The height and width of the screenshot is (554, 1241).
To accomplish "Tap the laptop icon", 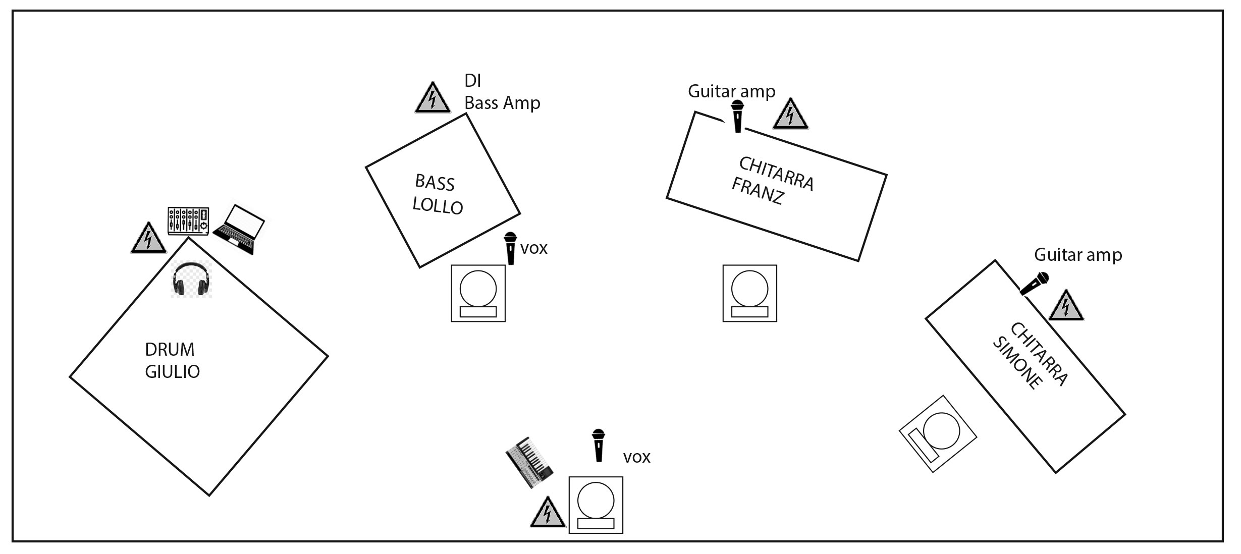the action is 239,229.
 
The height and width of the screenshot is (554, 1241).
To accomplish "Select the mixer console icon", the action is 188,221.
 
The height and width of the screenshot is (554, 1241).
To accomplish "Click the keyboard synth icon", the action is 529,462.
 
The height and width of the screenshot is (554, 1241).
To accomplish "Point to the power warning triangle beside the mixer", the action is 148,238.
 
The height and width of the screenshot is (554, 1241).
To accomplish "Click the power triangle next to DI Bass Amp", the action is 433,97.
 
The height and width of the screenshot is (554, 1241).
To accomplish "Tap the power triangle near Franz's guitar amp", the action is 790,114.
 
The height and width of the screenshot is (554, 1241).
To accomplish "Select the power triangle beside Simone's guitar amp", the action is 1066,305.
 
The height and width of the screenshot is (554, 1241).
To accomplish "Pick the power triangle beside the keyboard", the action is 548,512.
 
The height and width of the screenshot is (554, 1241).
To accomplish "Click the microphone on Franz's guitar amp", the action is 738,116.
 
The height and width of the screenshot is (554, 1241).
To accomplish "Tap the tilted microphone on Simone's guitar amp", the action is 1034,284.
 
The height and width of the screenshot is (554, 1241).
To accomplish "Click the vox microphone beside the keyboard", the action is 599,445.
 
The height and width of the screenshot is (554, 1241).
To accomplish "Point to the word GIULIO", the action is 173,372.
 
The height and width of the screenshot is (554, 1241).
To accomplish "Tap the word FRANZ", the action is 757,191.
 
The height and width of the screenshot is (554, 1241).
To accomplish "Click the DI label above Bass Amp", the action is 472,81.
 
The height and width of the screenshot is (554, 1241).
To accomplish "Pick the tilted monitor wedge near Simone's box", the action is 938,434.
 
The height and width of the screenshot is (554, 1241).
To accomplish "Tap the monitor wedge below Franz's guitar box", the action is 749,293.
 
